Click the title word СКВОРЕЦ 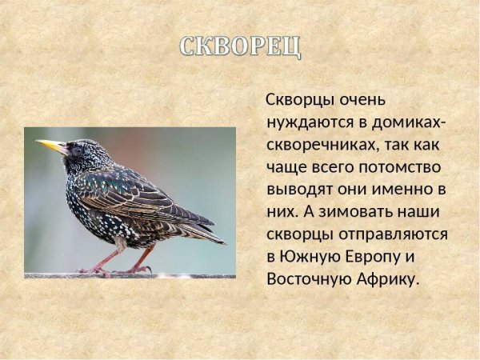240,46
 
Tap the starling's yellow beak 50,146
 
